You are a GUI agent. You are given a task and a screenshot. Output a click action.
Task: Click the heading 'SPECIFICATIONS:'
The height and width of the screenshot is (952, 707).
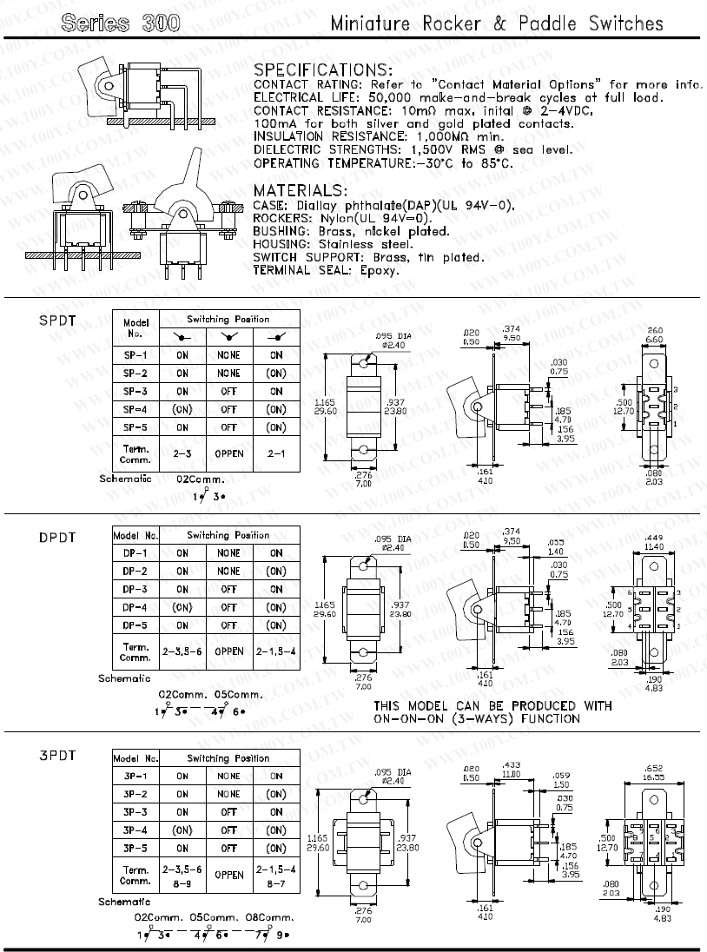tap(322, 69)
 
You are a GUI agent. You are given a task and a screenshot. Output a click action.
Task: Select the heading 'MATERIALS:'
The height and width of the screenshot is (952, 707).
tap(300, 190)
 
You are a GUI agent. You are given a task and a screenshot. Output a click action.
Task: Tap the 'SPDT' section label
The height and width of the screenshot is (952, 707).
tap(57, 321)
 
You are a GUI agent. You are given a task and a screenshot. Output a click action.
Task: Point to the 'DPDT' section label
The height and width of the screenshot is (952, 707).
tap(57, 538)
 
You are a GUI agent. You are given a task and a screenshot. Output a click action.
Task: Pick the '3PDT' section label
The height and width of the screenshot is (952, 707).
tap(57, 756)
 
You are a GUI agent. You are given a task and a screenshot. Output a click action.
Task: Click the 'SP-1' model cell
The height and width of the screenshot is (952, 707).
tap(135, 354)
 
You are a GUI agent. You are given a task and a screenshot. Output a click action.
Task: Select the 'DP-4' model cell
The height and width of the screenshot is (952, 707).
tap(135, 607)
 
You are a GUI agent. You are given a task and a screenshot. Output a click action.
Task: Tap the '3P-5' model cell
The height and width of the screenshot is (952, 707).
tap(135, 848)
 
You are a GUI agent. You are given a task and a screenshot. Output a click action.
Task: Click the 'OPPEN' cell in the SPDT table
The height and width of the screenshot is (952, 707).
tap(228, 453)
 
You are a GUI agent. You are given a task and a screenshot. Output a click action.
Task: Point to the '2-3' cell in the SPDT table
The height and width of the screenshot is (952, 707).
tap(182, 453)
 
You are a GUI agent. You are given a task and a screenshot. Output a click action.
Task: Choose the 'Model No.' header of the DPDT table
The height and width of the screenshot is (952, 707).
tap(135, 535)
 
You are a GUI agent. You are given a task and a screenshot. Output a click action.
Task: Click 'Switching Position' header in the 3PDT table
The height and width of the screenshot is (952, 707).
tap(228, 757)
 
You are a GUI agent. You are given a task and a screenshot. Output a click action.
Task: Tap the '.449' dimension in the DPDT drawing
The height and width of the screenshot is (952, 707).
tap(655, 538)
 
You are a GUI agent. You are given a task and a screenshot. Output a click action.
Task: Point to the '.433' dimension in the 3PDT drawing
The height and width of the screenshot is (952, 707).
tap(511, 764)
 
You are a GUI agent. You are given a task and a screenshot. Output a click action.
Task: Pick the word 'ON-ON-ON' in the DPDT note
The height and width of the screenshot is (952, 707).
tap(406, 718)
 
